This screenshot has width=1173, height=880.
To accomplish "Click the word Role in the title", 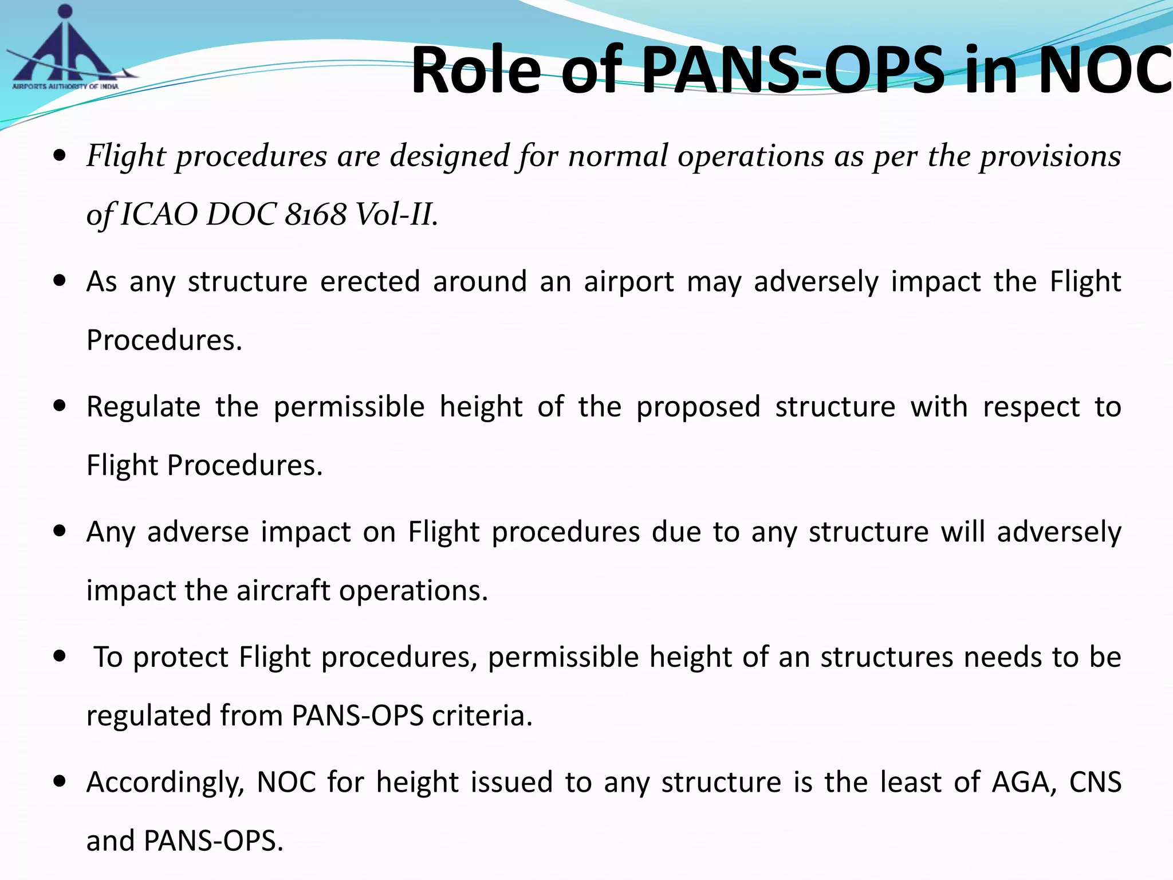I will pyautogui.click(x=475, y=70).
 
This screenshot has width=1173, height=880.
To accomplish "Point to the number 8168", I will pyautogui.click(x=316, y=215).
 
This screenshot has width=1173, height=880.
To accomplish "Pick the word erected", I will pyautogui.click(x=370, y=282).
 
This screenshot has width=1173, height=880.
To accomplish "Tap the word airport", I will pyautogui.click(x=629, y=282).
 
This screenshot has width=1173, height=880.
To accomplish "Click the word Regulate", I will pyautogui.click(x=144, y=407).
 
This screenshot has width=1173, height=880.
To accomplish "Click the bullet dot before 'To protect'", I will pyautogui.click(x=59, y=657).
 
